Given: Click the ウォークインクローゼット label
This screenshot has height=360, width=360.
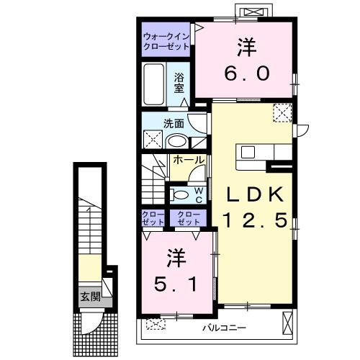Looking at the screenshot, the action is (x=166, y=41).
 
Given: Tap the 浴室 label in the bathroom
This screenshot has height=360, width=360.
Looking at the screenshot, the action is (x=179, y=83).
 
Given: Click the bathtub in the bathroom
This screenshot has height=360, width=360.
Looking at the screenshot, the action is (x=154, y=84).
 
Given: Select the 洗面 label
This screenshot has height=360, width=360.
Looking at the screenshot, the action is (x=174, y=124).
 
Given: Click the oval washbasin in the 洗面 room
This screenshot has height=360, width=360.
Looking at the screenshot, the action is (x=177, y=141).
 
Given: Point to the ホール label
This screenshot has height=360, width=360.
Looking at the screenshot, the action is (x=189, y=160).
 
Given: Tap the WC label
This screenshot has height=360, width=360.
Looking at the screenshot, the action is (x=199, y=195).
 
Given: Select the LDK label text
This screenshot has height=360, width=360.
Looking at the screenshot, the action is (x=255, y=194).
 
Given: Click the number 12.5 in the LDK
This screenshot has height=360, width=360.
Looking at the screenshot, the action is (x=255, y=220).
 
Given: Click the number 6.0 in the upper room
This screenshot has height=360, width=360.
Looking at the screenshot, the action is (x=247, y=73).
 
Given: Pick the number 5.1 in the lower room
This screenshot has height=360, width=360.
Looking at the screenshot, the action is (x=176, y=284).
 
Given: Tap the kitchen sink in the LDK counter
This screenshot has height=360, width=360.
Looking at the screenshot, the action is (x=248, y=152).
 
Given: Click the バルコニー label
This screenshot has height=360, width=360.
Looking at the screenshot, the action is (x=224, y=328).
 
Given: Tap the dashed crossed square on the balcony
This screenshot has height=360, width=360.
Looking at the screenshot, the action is (x=156, y=324).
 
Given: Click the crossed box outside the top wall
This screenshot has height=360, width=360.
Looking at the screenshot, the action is (x=253, y=12).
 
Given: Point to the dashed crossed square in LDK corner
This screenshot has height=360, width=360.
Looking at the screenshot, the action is (x=282, y=113).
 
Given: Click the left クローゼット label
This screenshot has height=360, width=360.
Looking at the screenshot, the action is (x=153, y=218).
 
